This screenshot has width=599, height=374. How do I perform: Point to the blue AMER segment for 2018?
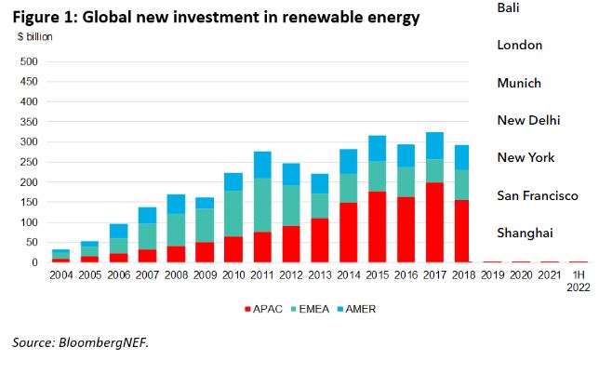click(463, 157)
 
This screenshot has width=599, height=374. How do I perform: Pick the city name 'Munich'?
click(519, 84)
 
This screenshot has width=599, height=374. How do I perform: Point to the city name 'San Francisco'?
click(538, 195)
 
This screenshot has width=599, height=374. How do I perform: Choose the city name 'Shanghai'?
click(525, 233)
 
